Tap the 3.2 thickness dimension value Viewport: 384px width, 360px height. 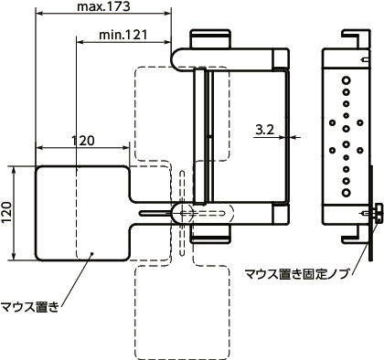pyautogui.click(x=266, y=130)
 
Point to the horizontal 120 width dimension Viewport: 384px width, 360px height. pyautogui.click(x=83, y=140)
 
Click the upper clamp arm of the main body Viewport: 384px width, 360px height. pyautogui.click(x=229, y=57)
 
